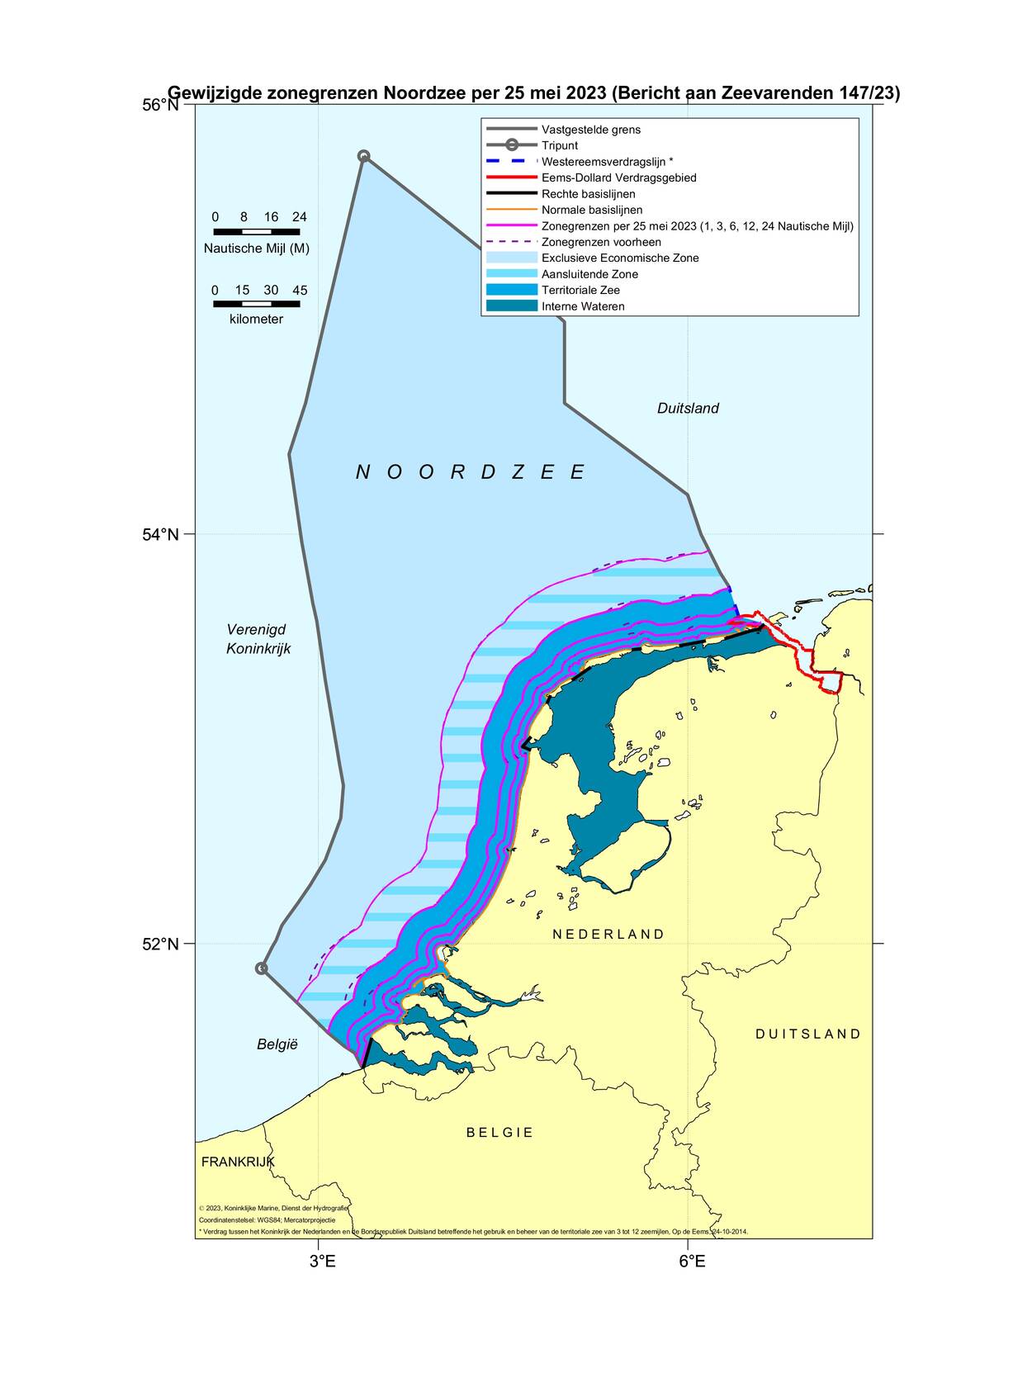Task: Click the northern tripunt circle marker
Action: [x=363, y=156]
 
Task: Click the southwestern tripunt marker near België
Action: [x=262, y=968]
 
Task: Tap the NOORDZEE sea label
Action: [x=471, y=472]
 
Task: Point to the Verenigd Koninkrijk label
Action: [x=258, y=639]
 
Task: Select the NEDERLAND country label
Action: [x=608, y=935]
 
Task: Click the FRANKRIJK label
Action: [x=238, y=1162]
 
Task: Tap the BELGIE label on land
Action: [x=499, y=1133]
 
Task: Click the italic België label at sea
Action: [x=277, y=1044]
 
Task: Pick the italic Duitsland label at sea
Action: [x=688, y=408]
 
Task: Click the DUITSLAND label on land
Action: [x=808, y=1034]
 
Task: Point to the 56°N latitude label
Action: [x=160, y=105]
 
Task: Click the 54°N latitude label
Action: [x=160, y=534]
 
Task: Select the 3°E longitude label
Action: [x=322, y=1262]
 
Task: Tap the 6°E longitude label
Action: [x=692, y=1262]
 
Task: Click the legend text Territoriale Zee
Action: [x=580, y=290]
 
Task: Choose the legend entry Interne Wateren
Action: [x=583, y=306]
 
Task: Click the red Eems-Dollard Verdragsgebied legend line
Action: [x=511, y=178]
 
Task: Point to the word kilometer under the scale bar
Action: [x=256, y=319]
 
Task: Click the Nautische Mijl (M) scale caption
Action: [x=257, y=249]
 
